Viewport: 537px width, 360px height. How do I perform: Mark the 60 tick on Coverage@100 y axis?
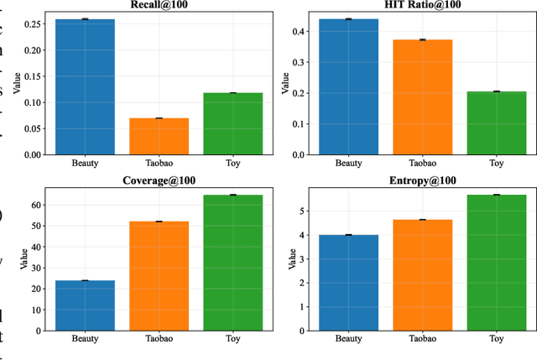pyautogui.click(x=36, y=205)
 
